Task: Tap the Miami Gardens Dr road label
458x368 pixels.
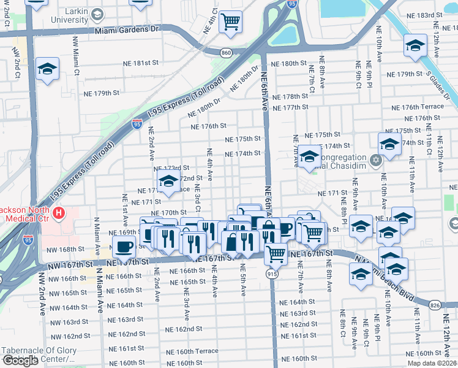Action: click(x=127, y=29)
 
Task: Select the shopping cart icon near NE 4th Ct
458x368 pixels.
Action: click(x=231, y=22)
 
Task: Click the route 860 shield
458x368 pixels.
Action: click(x=227, y=53)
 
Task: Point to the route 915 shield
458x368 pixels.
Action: click(x=272, y=274)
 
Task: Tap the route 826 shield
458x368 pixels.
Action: click(x=435, y=305)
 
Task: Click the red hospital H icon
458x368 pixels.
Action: click(x=58, y=213)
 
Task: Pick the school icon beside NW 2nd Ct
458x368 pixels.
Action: click(x=47, y=69)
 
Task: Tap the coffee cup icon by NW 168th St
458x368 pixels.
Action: click(x=124, y=247)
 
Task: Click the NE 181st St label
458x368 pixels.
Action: click(x=138, y=63)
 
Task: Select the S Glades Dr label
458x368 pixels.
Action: click(x=440, y=80)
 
